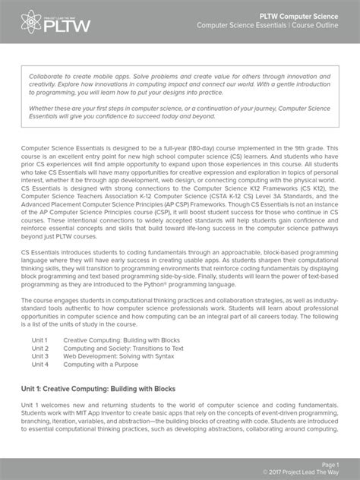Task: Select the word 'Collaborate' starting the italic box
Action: click(49, 77)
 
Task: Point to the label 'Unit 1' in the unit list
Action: click(39, 339)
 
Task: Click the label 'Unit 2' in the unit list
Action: click(39, 348)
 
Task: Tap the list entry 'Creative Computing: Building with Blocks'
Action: click(122, 339)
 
